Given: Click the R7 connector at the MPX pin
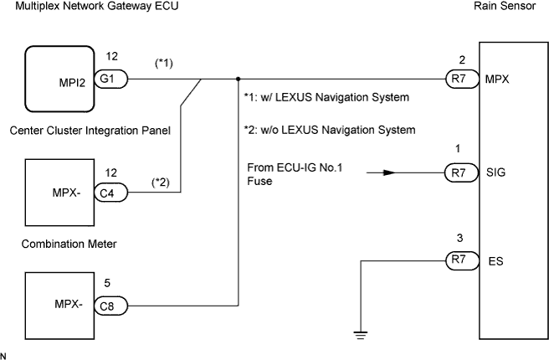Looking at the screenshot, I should tap(456, 80).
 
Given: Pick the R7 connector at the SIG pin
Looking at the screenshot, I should tap(456, 174).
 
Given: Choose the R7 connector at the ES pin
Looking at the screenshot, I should tap(456, 261).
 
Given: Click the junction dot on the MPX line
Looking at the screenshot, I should tap(238, 80).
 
